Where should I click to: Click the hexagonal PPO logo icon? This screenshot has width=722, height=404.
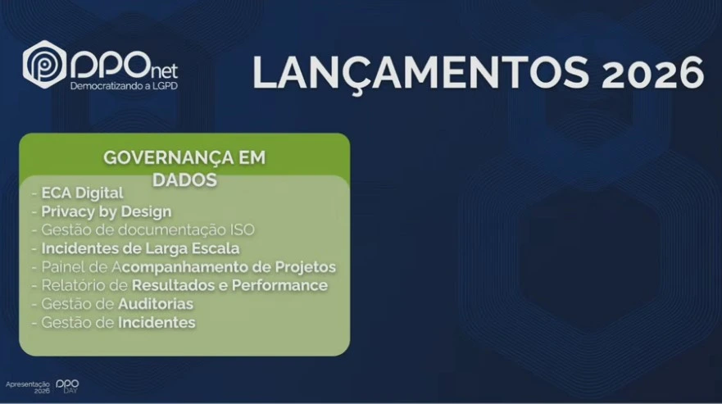(45, 65)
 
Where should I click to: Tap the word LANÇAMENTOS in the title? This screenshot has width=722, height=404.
(421, 72)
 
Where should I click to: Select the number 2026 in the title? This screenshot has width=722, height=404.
(652, 73)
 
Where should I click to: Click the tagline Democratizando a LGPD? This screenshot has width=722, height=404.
(124, 86)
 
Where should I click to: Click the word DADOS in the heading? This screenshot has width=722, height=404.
(184, 180)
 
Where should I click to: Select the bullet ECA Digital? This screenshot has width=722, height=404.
(83, 193)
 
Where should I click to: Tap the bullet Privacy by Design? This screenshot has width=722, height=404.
(107, 212)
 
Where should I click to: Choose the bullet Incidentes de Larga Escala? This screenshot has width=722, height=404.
(140, 249)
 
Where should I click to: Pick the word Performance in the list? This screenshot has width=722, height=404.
(279, 286)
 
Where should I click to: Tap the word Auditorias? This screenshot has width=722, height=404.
(156, 304)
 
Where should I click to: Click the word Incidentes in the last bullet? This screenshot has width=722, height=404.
(157, 323)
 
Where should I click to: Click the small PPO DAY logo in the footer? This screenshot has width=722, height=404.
(67, 386)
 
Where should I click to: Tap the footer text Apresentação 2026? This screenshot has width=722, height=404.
(28, 387)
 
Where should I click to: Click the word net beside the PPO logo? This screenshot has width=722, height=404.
(165, 71)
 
